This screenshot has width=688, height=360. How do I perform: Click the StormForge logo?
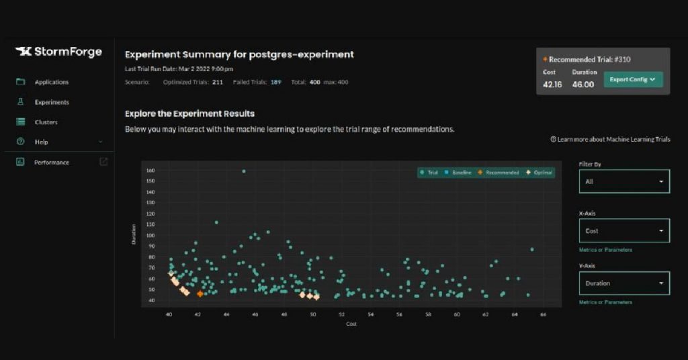click(x=58, y=52)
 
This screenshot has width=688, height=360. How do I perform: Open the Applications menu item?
click(x=52, y=82)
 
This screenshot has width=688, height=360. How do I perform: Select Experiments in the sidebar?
click(x=52, y=102)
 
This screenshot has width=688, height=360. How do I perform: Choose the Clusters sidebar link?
click(x=46, y=122)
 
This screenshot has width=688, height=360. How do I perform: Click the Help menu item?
click(x=42, y=142)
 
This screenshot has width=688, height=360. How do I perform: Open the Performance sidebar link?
click(x=52, y=162)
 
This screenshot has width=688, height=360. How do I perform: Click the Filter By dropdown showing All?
click(x=624, y=181)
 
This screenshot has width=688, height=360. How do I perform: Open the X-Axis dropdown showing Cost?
click(x=624, y=230)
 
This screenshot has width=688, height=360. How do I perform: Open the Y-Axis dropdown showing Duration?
click(x=624, y=283)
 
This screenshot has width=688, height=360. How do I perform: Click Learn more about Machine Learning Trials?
click(x=610, y=139)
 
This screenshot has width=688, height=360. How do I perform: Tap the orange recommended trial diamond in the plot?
click(x=200, y=294)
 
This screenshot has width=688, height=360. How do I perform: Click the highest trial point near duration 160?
click(x=243, y=171)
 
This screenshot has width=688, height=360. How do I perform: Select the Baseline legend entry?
click(x=458, y=173)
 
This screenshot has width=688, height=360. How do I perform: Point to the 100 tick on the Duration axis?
click(x=150, y=235)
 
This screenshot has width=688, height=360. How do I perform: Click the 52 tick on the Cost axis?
click(x=341, y=314)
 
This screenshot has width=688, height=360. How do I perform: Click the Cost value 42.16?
click(x=552, y=85)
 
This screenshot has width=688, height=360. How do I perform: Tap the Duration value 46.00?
click(x=583, y=85)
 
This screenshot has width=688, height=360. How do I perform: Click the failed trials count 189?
click(x=275, y=82)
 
